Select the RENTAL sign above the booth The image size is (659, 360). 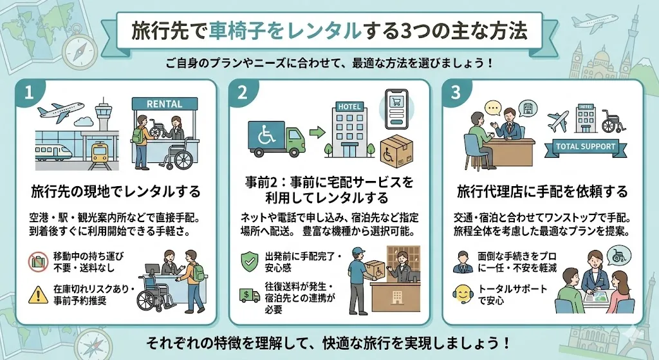164,104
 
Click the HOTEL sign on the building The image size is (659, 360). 349,107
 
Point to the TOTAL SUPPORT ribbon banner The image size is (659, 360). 586,147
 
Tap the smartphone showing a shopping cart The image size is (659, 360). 396,109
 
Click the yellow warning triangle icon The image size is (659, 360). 38,294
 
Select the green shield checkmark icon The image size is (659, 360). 250,261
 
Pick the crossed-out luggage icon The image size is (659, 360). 38,262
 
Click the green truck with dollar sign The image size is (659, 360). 249,295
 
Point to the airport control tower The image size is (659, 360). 102,114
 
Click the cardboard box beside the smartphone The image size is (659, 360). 396,151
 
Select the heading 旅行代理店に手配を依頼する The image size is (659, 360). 542,192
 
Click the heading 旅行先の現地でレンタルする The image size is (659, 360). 116,192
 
